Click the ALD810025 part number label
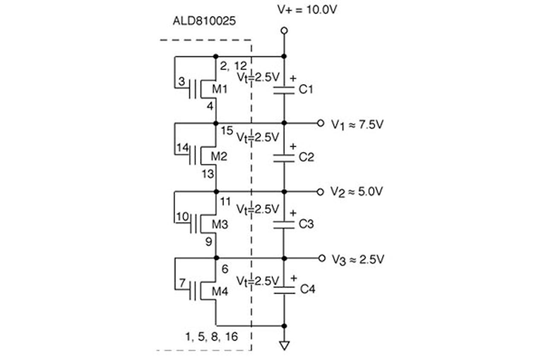click(x=204, y=21)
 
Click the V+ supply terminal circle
click(x=284, y=30)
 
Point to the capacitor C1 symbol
click(x=284, y=89)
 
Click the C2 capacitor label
click(x=306, y=157)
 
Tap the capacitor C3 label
click(x=306, y=224)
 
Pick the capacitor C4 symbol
click(x=284, y=290)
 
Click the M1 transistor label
click(x=219, y=90)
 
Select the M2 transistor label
click(x=220, y=157)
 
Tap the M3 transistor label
click(x=220, y=224)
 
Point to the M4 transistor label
click(x=220, y=292)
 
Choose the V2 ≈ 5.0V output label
click(x=357, y=192)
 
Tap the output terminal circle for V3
click(x=321, y=258)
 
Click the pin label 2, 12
click(x=233, y=65)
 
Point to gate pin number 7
click(x=182, y=283)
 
